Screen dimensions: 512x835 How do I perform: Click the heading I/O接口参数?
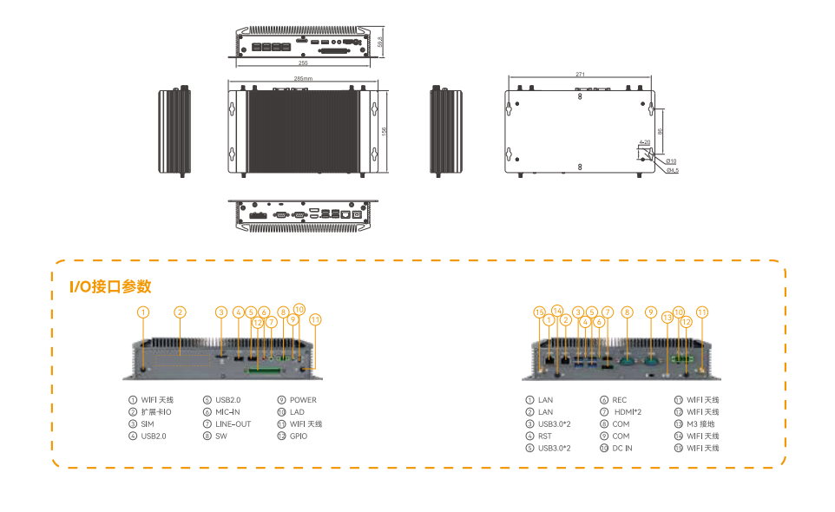pyautogui.click(x=110, y=286)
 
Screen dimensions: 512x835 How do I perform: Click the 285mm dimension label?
pyautogui.click(x=303, y=79)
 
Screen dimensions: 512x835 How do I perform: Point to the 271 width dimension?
pyautogui.click(x=580, y=75)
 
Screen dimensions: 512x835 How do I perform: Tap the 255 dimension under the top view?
pyautogui.click(x=303, y=63)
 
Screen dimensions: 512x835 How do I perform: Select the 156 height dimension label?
pyautogui.click(x=385, y=130)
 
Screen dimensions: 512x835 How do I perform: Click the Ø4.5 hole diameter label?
pyautogui.click(x=672, y=170)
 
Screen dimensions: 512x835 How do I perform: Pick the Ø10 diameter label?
pyautogui.click(x=671, y=161)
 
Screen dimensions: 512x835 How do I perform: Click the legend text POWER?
pyautogui.click(x=303, y=400)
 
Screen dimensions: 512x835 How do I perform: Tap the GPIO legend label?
pyautogui.click(x=299, y=436)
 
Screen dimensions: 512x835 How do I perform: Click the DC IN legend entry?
pyautogui.click(x=621, y=448)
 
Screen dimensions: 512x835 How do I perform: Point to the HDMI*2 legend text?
pyautogui.click(x=628, y=411)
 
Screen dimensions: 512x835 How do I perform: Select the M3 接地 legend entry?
pyautogui.click(x=702, y=423)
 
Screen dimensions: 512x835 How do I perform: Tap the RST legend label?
pyautogui.click(x=545, y=436)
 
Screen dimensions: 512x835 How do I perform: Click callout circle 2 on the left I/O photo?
pyautogui.click(x=180, y=312)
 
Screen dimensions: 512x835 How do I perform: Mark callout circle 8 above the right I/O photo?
pyautogui.click(x=627, y=312)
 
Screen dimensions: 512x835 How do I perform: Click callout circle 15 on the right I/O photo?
pyautogui.click(x=539, y=312)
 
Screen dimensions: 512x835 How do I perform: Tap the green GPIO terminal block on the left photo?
pyautogui.click(x=263, y=371)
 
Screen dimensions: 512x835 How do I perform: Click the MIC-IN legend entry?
pyautogui.click(x=227, y=411)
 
